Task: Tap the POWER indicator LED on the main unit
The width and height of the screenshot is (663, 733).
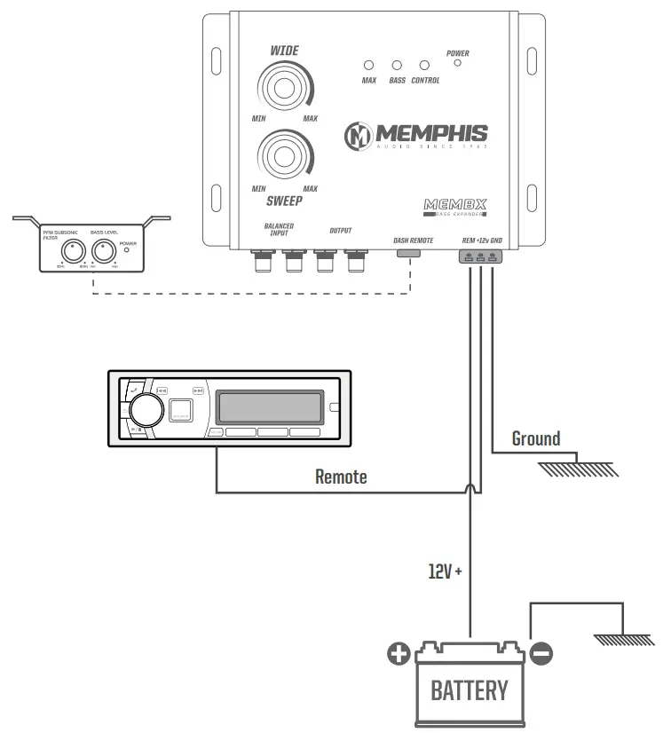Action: coord(457,67)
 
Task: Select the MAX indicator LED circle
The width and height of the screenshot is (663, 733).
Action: coord(369,66)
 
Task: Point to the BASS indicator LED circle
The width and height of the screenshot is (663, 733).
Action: coord(397,66)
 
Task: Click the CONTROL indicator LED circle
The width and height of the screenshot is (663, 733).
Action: coord(425,66)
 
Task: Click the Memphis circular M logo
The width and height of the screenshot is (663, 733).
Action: coord(359,135)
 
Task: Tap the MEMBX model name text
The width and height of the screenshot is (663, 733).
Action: coord(455,205)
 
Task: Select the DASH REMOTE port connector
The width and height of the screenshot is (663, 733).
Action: coord(408,254)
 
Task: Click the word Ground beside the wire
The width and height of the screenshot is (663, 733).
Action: coord(536,438)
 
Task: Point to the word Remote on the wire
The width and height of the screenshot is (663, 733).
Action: coord(341,477)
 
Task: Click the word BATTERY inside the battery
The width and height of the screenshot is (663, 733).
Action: coord(470,690)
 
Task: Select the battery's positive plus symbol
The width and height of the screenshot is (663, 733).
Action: coord(399,655)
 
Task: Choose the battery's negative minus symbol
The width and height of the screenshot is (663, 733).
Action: coord(541,655)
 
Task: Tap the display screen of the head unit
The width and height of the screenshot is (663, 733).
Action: coord(270,407)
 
